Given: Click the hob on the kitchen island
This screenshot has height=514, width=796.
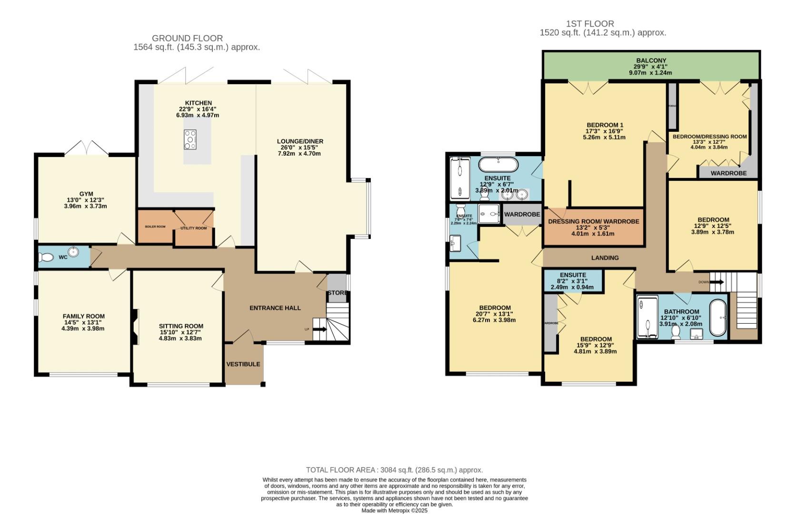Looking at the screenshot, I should point(190,140).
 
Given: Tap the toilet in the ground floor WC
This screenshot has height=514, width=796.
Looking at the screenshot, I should point(46,257).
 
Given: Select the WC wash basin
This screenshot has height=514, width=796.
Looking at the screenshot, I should point(73,252).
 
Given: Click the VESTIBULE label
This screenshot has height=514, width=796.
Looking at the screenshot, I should point(243,364).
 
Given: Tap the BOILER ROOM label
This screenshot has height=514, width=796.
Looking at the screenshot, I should point(155,227).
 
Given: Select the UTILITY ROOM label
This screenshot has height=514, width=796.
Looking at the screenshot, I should point(193,228).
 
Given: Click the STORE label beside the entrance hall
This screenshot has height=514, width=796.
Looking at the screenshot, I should point(337,293).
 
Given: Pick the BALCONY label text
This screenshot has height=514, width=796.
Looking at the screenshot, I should point(651,60).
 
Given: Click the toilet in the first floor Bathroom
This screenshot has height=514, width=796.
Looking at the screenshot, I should point(675,334).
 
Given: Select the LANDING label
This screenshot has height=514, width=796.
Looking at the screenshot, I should point(605,257).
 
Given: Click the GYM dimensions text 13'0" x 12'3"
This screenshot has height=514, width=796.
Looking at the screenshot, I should point(86,200).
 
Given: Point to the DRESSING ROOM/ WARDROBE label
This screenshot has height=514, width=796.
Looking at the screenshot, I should point(593,221).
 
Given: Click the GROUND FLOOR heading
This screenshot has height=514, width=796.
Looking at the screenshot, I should point(187,38).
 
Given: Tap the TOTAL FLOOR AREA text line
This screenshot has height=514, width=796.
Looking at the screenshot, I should point(394,470).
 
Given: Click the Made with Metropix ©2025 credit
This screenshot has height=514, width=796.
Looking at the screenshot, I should point(394,510).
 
